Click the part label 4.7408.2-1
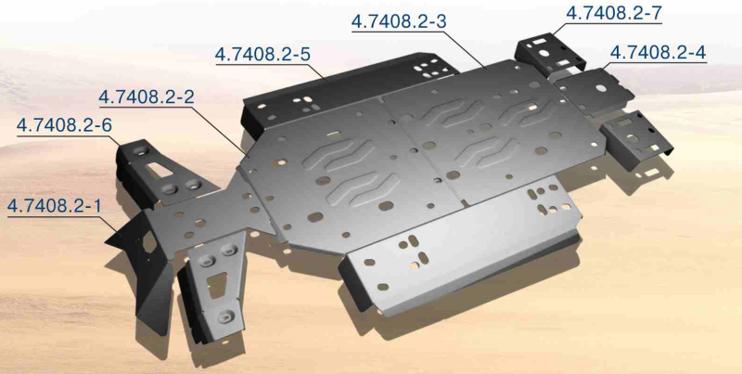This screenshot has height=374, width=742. [x=55, y=206]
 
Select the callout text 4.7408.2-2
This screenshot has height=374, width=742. [x=147, y=97]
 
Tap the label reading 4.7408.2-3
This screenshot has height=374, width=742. [x=399, y=21]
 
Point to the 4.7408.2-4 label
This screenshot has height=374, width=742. [x=658, y=53]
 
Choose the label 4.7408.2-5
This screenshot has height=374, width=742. [x=262, y=54]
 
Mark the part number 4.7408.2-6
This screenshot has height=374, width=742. [x=64, y=126]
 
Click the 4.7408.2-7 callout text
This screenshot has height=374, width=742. [x=614, y=13]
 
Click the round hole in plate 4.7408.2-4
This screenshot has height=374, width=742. [x=602, y=88]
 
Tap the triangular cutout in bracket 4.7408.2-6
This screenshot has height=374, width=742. [x=160, y=170]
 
